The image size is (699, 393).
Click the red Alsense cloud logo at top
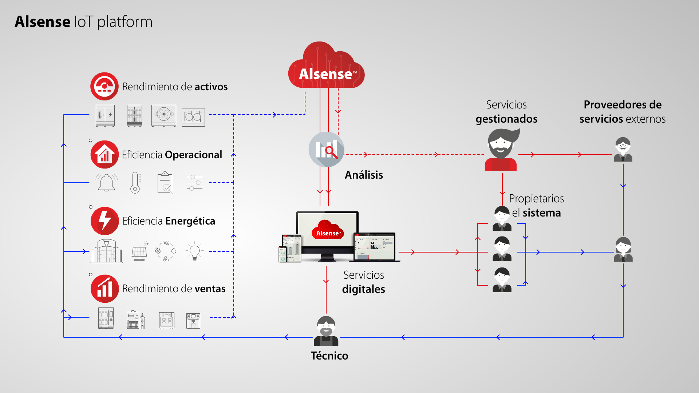click(326, 65)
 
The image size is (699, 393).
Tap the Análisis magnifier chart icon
click(326, 150)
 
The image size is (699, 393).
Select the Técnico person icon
click(326, 331)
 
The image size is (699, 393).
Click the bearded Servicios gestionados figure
click(502, 150)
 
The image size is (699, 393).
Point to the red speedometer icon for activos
click(104, 86)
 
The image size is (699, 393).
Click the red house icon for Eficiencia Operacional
click(104, 155)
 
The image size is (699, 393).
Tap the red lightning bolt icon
click(104, 221)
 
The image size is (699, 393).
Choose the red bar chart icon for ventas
click(104, 289)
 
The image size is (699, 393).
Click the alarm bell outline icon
click(107, 182)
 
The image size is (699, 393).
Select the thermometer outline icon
click(135, 182)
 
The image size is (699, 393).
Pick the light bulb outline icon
click(194, 251)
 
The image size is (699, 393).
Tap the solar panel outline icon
click(139, 251)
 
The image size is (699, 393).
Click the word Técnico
click(329, 356)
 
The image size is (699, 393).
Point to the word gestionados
click(506, 119)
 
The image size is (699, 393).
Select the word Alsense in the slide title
click(43, 22)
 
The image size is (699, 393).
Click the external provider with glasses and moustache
click(623, 150)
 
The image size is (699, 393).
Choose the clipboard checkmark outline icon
click(165, 182)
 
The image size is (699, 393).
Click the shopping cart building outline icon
click(107, 251)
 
